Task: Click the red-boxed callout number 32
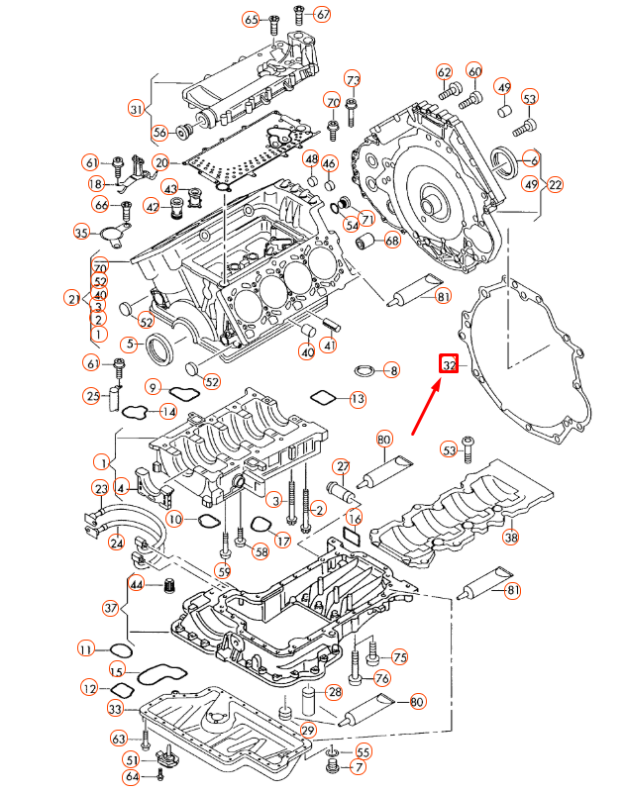pyautogui.click(x=450, y=365)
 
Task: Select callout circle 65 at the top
pyautogui.click(x=251, y=20)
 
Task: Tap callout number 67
pyautogui.click(x=323, y=15)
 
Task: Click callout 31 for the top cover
pyautogui.click(x=137, y=108)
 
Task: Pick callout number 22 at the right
pyautogui.click(x=555, y=184)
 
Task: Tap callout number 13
pyautogui.click(x=357, y=400)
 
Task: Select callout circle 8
pyautogui.click(x=393, y=371)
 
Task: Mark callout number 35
pyautogui.click(x=82, y=232)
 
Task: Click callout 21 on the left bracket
pyautogui.click(x=71, y=298)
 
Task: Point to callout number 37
pyautogui.click(x=111, y=607)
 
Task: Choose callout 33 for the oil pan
pyautogui.click(x=115, y=709)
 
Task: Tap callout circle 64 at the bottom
pyautogui.click(x=132, y=777)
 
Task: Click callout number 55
pyautogui.click(x=364, y=751)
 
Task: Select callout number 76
pyautogui.click(x=381, y=678)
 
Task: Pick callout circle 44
pyautogui.click(x=138, y=586)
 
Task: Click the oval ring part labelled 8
pyautogui.click(x=365, y=371)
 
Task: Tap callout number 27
pyautogui.click(x=343, y=466)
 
